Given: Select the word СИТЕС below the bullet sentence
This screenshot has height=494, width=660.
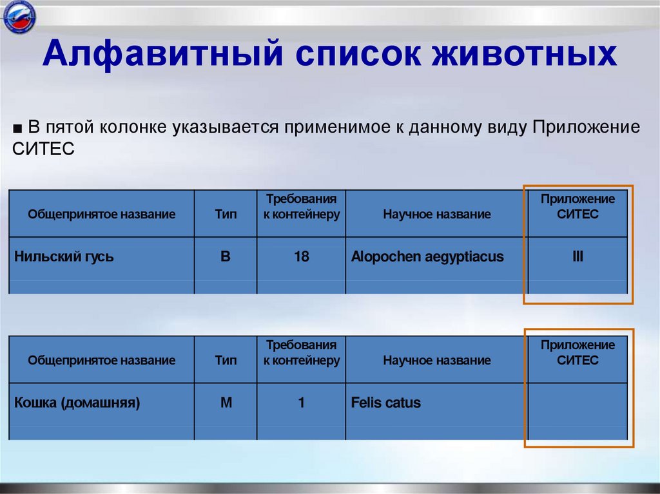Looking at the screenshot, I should pyautogui.click(x=43, y=149).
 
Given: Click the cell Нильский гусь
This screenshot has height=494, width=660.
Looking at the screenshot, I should pyautogui.click(x=64, y=257).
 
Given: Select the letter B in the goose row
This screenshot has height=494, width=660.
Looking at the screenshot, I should pyautogui.click(x=226, y=257).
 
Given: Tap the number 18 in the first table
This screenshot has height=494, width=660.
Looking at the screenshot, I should pyautogui.click(x=301, y=257).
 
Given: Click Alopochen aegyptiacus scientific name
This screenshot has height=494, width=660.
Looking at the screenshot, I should pyautogui.click(x=427, y=257).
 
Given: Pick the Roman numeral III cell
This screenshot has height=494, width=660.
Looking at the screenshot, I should pyautogui.click(x=577, y=257).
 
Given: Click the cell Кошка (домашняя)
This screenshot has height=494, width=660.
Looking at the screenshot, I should pyautogui.click(x=77, y=403).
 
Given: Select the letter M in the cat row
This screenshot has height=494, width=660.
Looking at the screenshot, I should pyautogui.click(x=226, y=403).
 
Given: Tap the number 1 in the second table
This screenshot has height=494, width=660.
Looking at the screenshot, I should pyautogui.click(x=301, y=403).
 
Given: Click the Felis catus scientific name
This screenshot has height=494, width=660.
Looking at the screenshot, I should pyautogui.click(x=386, y=403).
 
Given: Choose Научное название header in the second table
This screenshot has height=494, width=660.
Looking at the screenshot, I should pyautogui.click(x=436, y=361).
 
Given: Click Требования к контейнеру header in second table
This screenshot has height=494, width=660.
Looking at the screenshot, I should pyautogui.click(x=301, y=353).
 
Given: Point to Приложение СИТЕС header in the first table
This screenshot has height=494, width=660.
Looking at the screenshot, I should pyautogui.click(x=577, y=207).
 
